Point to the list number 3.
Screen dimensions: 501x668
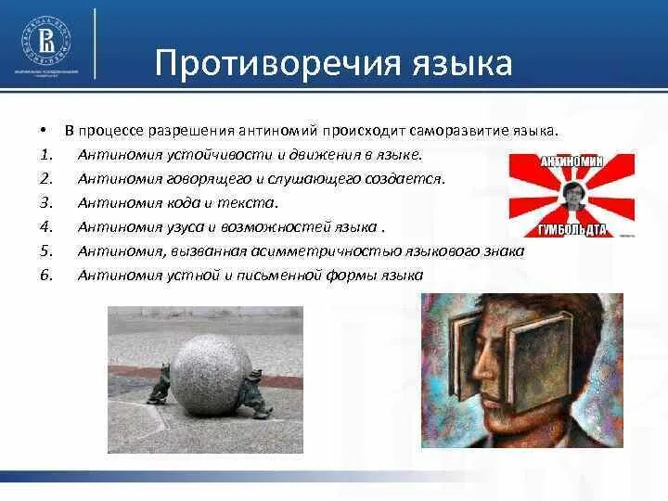(46, 202)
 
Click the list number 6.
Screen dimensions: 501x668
(46, 275)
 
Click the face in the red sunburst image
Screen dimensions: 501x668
(574, 196)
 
